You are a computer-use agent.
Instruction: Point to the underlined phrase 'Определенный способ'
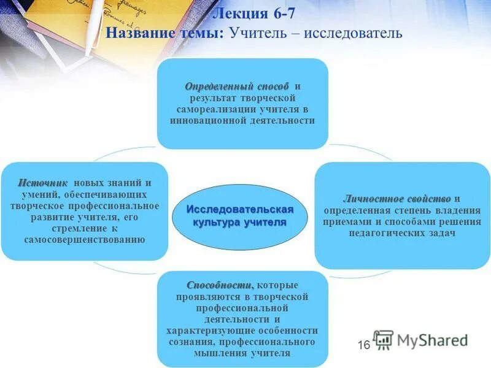click(228, 86)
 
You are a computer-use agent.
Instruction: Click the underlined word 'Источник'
click(42, 183)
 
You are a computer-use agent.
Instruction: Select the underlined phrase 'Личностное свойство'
click(397, 199)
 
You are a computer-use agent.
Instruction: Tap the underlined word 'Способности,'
click(220, 286)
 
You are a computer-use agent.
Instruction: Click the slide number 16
click(363, 345)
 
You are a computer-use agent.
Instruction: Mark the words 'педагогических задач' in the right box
click(403, 233)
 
